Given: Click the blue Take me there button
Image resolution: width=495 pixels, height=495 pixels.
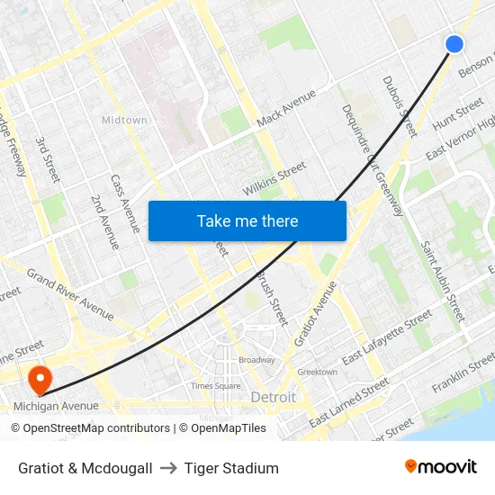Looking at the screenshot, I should [x=247, y=220].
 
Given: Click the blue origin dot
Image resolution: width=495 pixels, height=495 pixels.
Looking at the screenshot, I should [x=454, y=43].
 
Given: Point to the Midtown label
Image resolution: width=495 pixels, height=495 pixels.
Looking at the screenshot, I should [x=123, y=120].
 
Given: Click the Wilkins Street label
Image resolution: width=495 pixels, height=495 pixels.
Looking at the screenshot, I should [x=274, y=179].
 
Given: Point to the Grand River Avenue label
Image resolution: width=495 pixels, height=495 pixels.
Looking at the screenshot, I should [x=70, y=293].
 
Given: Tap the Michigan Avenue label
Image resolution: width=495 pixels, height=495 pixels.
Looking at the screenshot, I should [x=56, y=406].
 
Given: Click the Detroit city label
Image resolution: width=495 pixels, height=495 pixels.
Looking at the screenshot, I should [x=273, y=397].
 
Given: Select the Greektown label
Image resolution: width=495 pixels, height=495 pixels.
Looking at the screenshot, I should [x=317, y=372].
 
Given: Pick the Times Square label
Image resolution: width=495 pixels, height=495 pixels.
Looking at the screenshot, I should [x=215, y=385].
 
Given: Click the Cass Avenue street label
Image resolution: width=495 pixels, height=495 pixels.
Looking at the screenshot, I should [x=125, y=203].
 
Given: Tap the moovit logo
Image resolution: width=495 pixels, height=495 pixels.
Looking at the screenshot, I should [x=440, y=467].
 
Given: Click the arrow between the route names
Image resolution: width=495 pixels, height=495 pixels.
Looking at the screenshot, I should [x=168, y=468].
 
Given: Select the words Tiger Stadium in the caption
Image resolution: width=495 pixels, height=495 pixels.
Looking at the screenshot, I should [x=231, y=468].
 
